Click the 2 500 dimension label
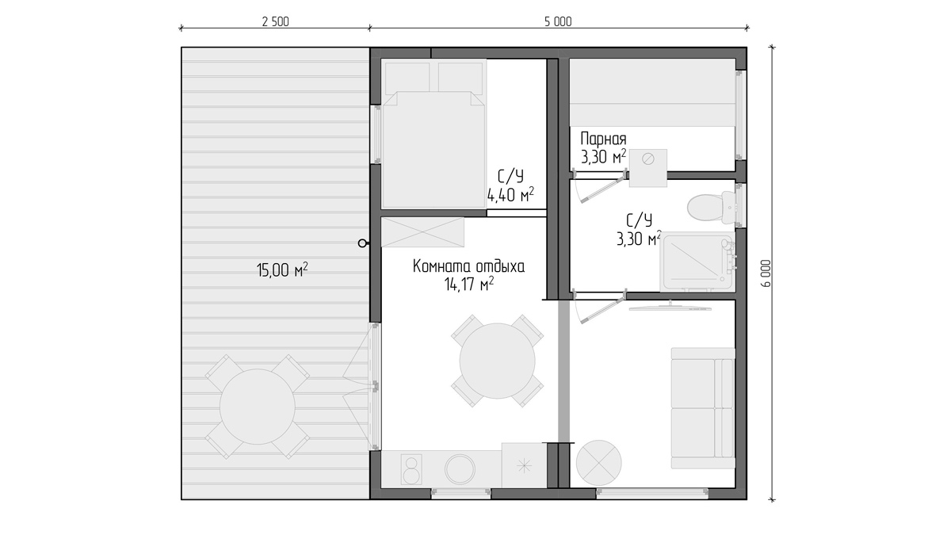[275, 21]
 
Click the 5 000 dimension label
[558, 21]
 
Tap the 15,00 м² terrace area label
[282, 269]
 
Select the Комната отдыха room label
[468, 266]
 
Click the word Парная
[603, 139]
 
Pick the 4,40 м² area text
[510, 195]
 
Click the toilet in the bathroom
[711, 208]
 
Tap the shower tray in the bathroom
[697, 262]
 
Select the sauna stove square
[648, 168]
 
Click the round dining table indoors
[497, 361]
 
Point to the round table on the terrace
[258, 407]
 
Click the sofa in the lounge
[703, 408]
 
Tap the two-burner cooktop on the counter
[412, 469]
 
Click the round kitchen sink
[460, 469]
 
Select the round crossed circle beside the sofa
[598, 463]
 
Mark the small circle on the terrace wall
[362, 243]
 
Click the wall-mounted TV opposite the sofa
[670, 307]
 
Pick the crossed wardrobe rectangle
[423, 231]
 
